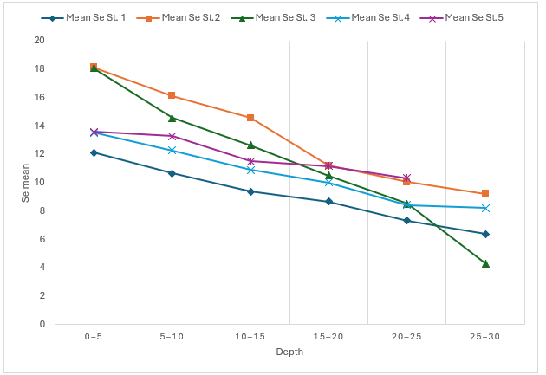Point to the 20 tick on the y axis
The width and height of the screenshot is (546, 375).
(x=39, y=41)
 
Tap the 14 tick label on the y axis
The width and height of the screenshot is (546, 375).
(x=39, y=126)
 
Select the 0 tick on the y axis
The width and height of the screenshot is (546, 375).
(x=42, y=324)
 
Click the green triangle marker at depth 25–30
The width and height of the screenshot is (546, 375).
(x=485, y=263)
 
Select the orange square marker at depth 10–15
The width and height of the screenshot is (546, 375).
(x=250, y=118)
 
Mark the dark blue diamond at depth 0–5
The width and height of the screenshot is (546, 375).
(x=94, y=152)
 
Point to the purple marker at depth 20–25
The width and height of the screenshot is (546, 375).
(x=406, y=178)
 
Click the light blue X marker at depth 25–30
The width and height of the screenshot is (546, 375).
(x=485, y=208)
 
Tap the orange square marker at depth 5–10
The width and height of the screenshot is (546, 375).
(x=172, y=95)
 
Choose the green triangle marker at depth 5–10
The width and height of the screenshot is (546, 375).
(x=172, y=118)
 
